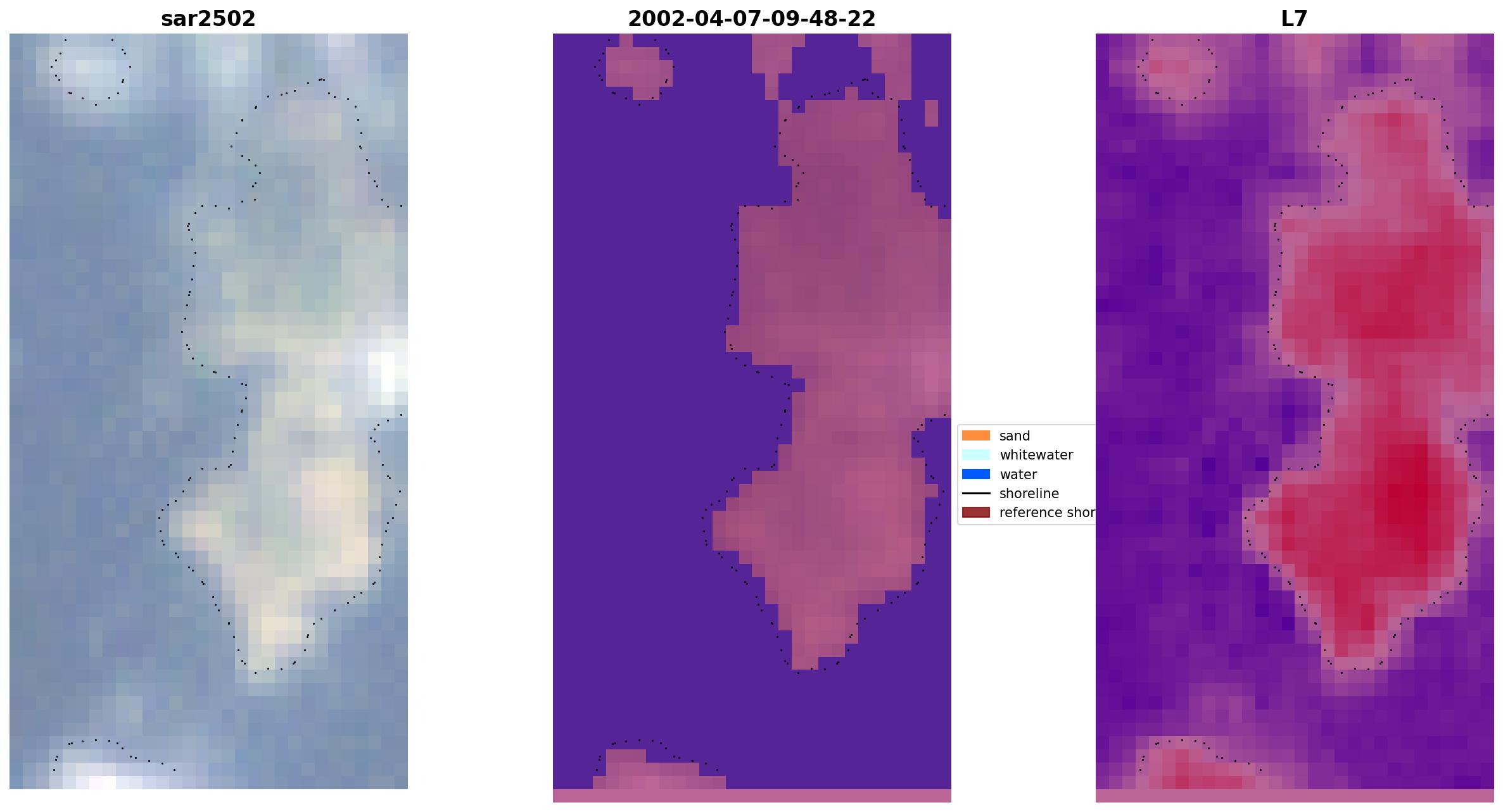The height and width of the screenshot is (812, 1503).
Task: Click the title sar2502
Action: (208, 19)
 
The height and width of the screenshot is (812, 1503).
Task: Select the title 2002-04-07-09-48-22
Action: (751, 19)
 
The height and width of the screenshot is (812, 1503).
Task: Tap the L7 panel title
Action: (1294, 19)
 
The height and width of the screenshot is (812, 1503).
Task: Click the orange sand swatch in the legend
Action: (975, 435)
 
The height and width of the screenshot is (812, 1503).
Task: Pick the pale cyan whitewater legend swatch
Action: (975, 454)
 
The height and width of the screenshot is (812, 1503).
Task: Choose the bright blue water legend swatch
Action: (975, 474)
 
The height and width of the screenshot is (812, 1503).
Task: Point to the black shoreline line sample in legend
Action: (975, 493)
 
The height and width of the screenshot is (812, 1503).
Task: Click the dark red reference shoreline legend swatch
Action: (975, 513)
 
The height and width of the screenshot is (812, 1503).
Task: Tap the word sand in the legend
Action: (1015, 436)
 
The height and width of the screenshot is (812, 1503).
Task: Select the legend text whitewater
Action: (1036, 455)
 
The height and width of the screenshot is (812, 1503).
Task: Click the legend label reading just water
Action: (1018, 475)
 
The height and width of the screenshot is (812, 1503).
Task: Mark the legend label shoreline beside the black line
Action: (1029, 494)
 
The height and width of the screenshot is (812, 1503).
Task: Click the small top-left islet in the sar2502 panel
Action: (92, 70)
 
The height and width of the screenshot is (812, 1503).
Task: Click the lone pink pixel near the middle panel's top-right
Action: (930, 113)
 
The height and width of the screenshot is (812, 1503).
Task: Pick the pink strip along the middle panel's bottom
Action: (751, 796)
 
